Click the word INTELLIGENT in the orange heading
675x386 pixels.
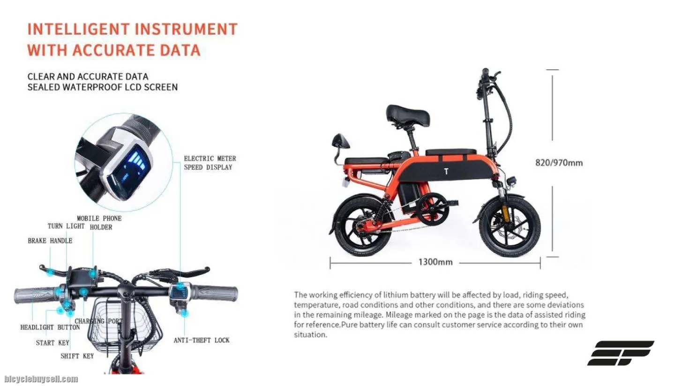click(78, 29)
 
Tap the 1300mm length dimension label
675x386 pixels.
click(435, 262)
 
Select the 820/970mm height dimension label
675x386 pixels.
click(559, 163)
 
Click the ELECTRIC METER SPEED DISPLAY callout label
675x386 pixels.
click(210, 163)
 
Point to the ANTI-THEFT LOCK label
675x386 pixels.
click(202, 340)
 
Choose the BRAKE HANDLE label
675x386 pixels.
click(50, 241)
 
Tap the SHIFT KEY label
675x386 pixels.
click(77, 356)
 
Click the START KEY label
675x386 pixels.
click(52, 343)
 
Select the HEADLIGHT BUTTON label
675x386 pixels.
click(50, 327)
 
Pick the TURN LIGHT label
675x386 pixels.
click(66, 226)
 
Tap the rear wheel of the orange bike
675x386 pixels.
click(364, 226)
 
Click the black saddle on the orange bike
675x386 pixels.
click(408, 115)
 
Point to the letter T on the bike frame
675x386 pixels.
click(446, 171)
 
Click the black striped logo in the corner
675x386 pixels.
click(621, 353)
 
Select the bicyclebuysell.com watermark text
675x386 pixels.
click(41, 379)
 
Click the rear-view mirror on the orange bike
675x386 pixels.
click(340, 142)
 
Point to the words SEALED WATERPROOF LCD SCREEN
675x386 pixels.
click(103, 87)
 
